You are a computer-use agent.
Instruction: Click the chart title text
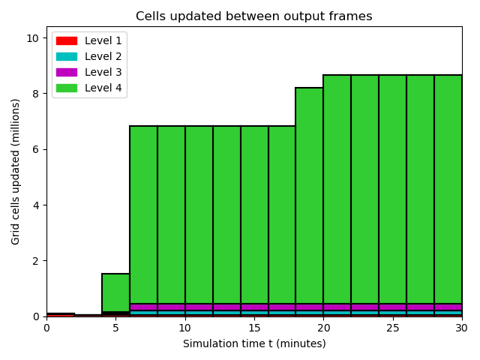click(x=253, y=16)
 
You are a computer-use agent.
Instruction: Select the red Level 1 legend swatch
click(x=67, y=40)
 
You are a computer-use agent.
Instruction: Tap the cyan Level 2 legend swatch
click(x=67, y=57)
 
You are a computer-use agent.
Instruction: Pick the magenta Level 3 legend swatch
click(x=67, y=72)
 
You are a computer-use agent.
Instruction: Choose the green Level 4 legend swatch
click(x=67, y=88)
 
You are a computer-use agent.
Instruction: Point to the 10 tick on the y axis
click(x=33, y=38)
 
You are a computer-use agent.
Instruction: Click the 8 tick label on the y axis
click(x=36, y=94)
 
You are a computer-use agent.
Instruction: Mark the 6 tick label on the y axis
click(x=36, y=149)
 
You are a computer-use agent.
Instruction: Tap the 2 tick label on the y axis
click(x=36, y=261)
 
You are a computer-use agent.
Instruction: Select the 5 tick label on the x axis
click(x=115, y=328)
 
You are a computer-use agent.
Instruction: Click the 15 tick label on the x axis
click(x=254, y=328)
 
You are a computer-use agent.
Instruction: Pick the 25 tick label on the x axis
click(x=393, y=328)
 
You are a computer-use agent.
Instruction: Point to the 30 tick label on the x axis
click(x=462, y=328)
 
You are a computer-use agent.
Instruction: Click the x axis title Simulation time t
click(x=228, y=343)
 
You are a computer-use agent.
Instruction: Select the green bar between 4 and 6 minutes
click(x=115, y=292)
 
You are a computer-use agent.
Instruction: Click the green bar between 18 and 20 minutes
click(x=310, y=196)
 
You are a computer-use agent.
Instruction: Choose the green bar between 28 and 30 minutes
click(x=448, y=189)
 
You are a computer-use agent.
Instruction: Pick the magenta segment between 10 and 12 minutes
click(x=199, y=307)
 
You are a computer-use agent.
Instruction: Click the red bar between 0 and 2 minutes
click(x=61, y=315)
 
